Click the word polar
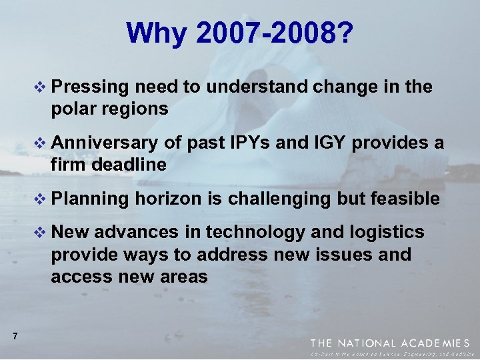tap(72, 108)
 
